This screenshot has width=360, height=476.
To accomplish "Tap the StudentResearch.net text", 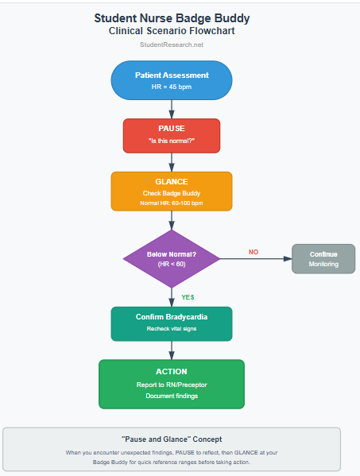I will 171,45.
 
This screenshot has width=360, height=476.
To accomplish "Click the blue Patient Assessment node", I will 172,79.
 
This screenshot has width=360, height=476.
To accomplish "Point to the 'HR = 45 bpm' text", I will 172,87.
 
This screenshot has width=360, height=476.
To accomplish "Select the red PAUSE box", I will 172,135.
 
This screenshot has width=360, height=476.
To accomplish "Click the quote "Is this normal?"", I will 172,141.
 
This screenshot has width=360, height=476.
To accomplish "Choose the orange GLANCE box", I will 172,191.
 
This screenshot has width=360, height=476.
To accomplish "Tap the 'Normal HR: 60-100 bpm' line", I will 172,203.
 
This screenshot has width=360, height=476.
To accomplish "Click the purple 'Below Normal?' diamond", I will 172,258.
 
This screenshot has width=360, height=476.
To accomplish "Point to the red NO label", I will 254,252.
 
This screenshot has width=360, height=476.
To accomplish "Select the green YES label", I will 188,296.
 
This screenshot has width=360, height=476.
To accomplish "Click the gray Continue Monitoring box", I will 323,258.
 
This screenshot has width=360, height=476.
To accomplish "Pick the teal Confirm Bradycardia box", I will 172,323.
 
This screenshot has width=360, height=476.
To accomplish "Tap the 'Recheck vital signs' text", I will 172,329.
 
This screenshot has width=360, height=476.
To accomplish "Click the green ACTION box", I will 172,383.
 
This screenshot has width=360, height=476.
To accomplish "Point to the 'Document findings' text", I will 172,396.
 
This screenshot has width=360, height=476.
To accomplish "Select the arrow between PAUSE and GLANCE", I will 172,161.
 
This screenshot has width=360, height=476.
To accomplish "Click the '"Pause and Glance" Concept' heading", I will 172,439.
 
